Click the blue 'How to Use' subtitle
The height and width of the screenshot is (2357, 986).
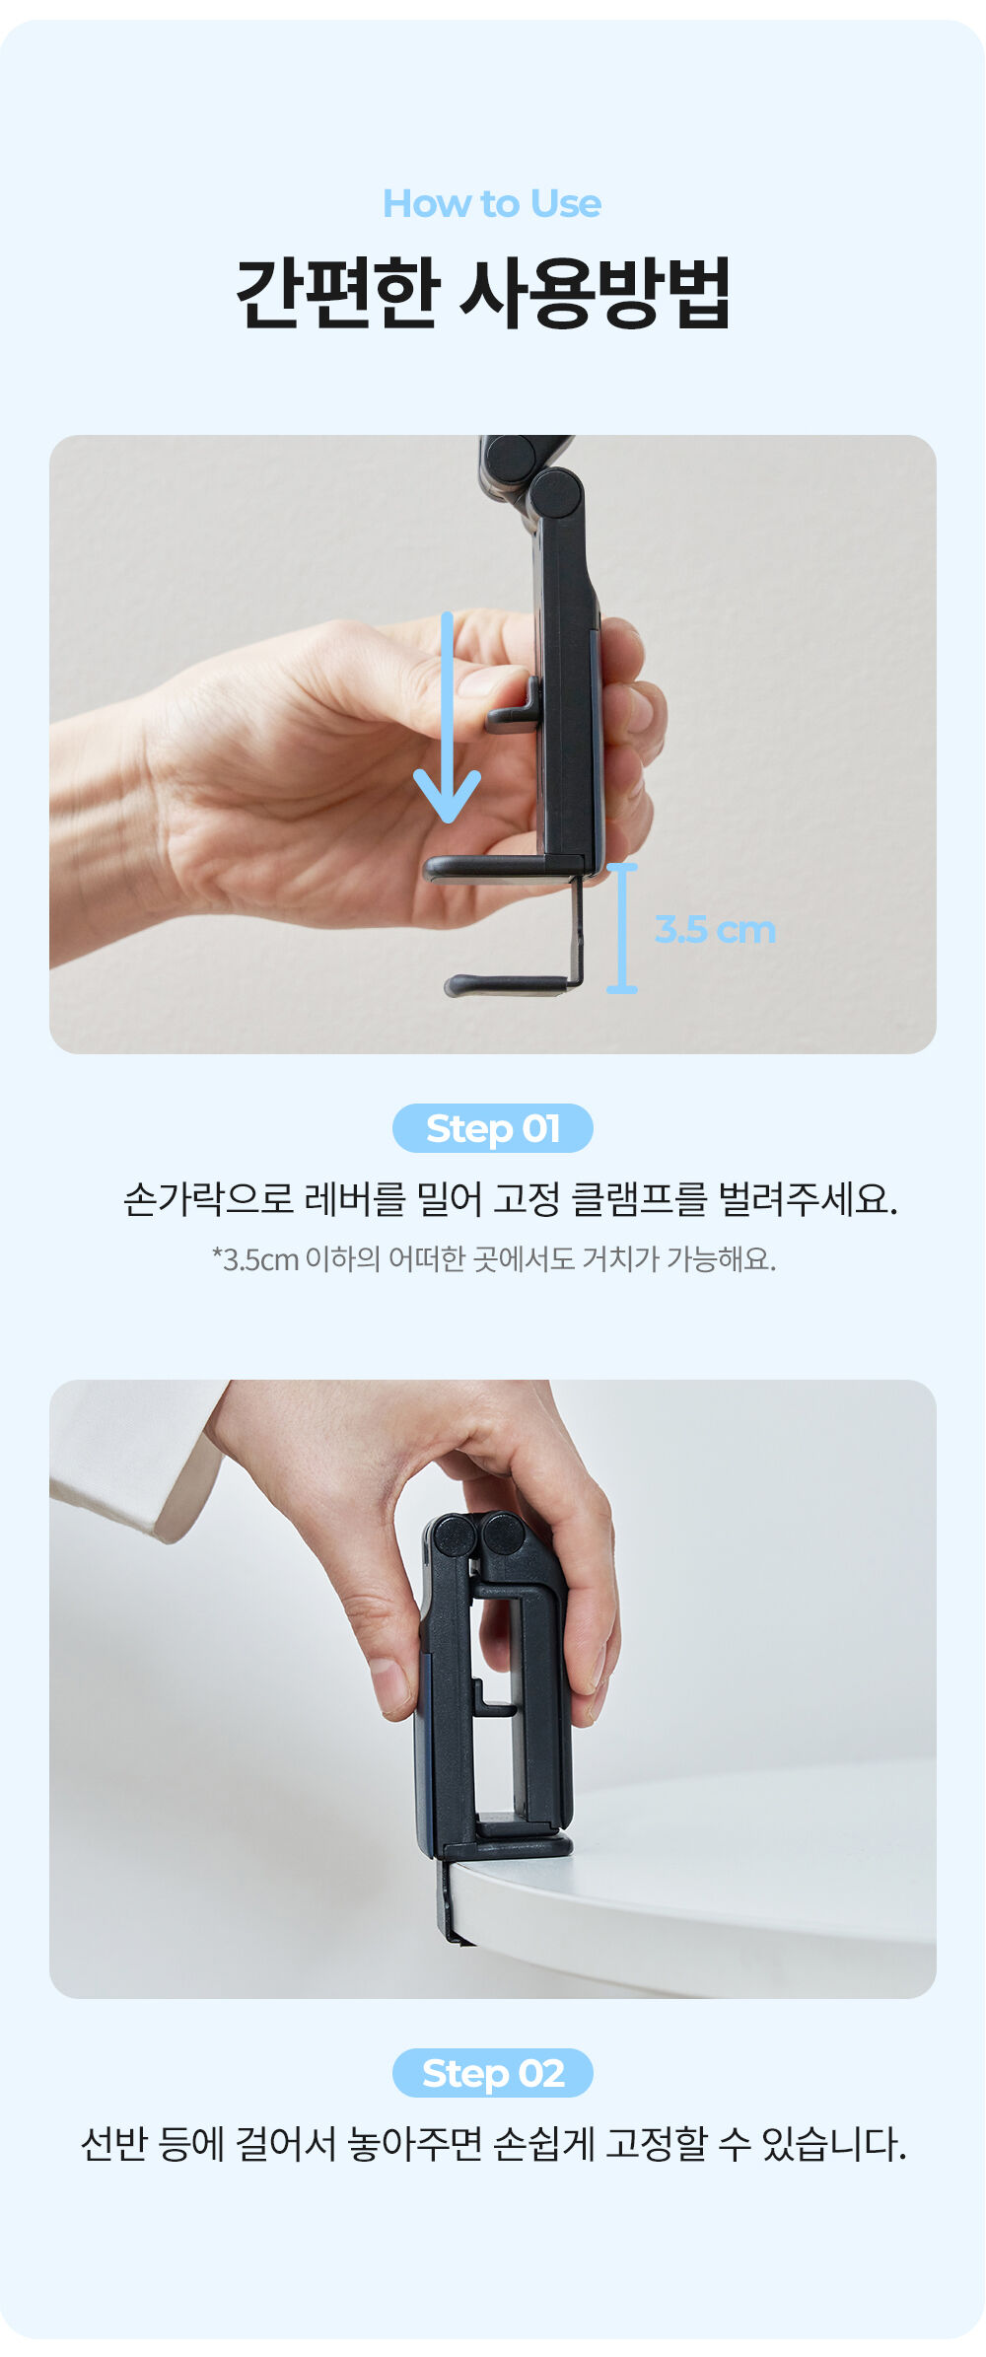(x=492, y=204)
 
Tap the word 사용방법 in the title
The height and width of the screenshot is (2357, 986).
(x=596, y=293)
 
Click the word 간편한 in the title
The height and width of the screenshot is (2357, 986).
(x=336, y=293)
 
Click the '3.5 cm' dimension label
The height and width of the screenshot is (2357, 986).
(x=715, y=930)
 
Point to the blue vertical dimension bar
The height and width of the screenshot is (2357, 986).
(x=622, y=928)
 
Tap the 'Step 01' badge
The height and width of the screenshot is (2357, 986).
(x=493, y=1128)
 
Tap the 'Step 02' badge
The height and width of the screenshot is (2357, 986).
(x=493, y=2073)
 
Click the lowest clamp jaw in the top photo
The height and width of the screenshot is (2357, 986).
(x=508, y=984)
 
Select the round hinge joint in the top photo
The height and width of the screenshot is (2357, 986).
(x=555, y=494)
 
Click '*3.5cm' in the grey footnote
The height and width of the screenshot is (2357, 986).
(x=255, y=1259)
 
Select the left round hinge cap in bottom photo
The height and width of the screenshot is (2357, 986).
(x=454, y=1536)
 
